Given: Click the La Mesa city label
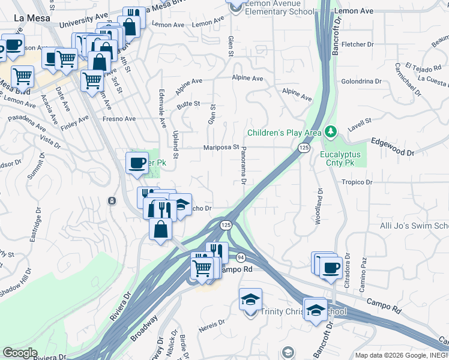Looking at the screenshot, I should click(x=28, y=17).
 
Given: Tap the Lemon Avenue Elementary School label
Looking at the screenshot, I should click(x=275, y=11).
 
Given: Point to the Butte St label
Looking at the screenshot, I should click(x=188, y=104).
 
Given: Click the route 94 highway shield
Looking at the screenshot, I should click(x=241, y=257).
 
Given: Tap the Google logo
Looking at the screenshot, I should click(x=20, y=353).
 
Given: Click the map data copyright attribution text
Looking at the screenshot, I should click(x=401, y=355).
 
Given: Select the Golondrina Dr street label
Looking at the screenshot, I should click(x=361, y=81).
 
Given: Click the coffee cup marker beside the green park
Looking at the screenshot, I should click(x=137, y=163).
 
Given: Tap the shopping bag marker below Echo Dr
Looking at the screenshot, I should click(x=161, y=229).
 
